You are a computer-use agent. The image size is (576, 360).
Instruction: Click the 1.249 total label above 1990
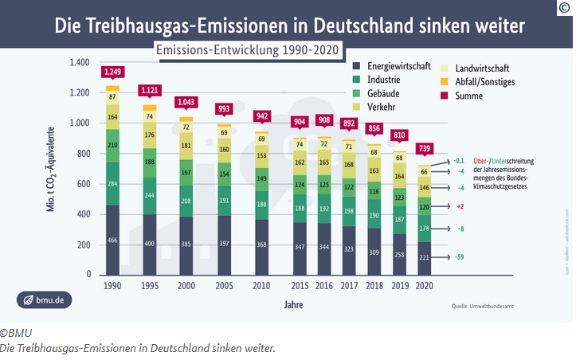(112, 73)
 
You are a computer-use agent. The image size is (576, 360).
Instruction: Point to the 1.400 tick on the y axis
(79, 63)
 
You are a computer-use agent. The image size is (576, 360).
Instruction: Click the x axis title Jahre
(295, 304)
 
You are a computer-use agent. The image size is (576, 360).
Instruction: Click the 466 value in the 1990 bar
(112, 240)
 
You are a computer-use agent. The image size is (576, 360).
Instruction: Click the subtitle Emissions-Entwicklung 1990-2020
(248, 49)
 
